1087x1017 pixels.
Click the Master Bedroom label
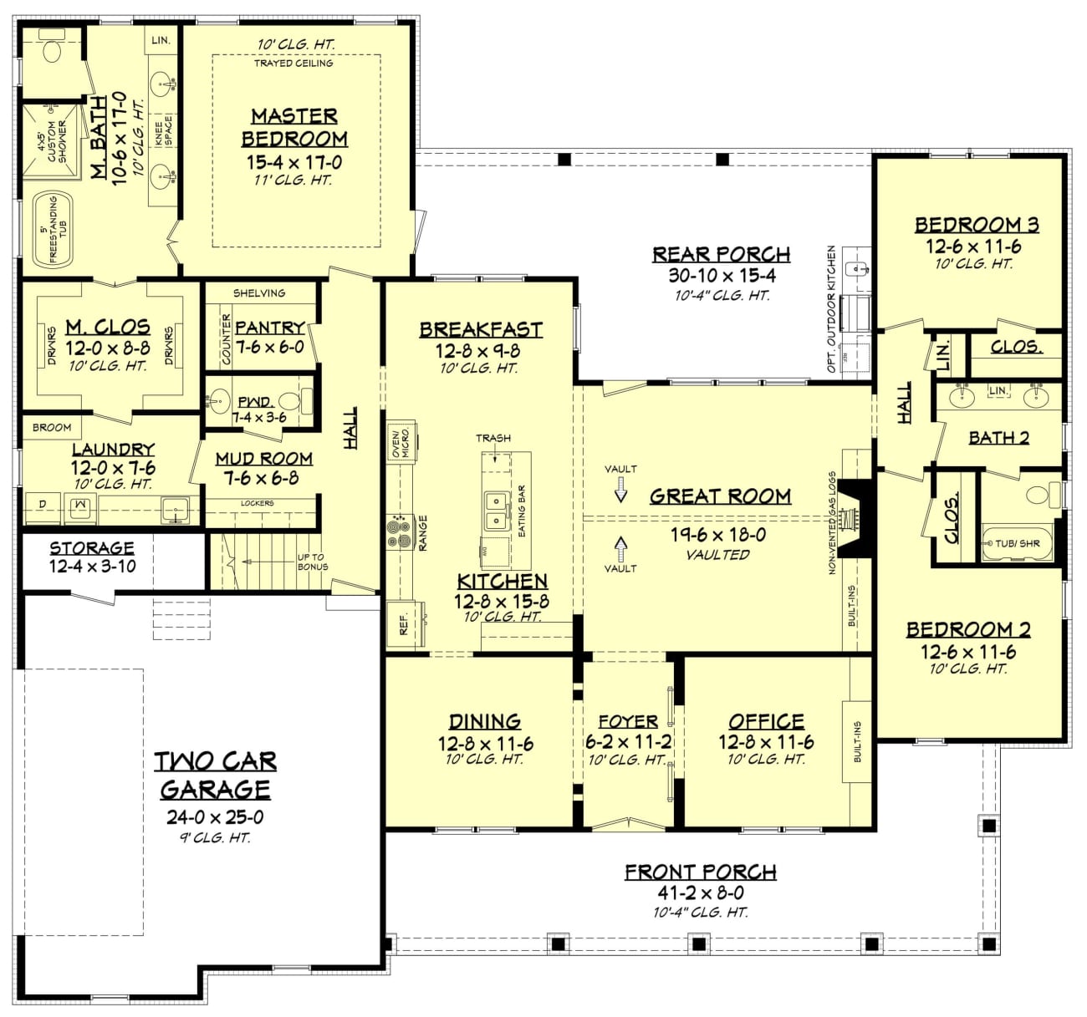pos(294,127)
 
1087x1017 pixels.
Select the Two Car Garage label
pos(216,775)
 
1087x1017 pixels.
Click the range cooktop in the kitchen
pos(400,531)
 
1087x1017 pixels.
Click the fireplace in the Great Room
pos(855,517)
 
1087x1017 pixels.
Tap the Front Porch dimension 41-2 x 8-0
pos(701,892)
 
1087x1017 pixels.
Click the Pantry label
pos(269,328)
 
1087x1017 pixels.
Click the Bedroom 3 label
pos(976,224)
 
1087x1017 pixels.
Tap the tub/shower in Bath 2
pos(1017,543)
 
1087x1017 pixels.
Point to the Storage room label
pos(92,548)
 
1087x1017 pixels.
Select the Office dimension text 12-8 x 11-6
pos(766,741)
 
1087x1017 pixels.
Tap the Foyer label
pos(628,721)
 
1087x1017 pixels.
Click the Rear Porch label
pos(721,254)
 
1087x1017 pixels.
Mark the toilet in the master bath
pos(52,53)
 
